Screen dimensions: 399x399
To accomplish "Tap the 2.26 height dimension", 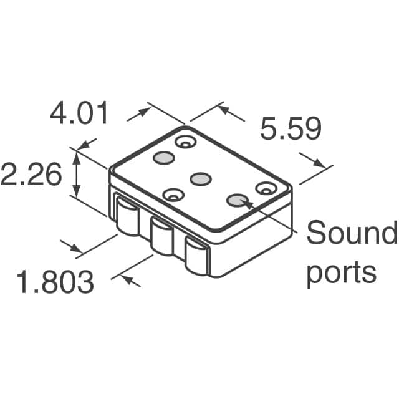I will (x=31, y=175).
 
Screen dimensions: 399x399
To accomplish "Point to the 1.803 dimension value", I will (x=55, y=282).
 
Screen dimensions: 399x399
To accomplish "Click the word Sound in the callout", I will (x=351, y=234).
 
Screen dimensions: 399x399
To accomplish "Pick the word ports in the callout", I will (x=341, y=272).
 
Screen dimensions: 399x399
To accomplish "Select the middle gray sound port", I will (x=200, y=180).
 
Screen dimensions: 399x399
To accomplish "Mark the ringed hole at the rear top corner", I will (x=185, y=143).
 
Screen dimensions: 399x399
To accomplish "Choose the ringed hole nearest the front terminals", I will (x=173, y=196).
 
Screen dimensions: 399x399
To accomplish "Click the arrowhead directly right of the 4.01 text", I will (x=144, y=112).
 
